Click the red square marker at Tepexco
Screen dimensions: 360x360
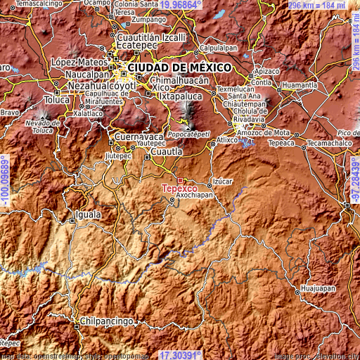(180, 181)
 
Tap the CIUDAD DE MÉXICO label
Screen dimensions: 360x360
(179, 67)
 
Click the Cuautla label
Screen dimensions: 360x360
(168, 151)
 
